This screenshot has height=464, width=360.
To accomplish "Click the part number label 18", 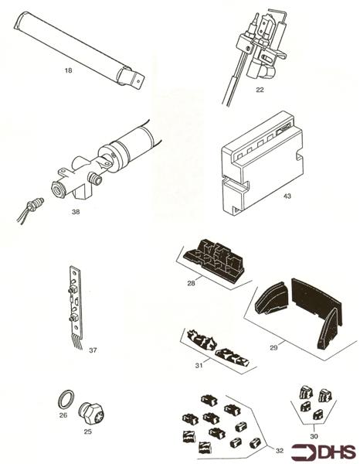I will click(x=68, y=70).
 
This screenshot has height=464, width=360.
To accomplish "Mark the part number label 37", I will click(x=93, y=350).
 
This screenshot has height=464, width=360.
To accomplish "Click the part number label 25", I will click(x=87, y=431).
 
